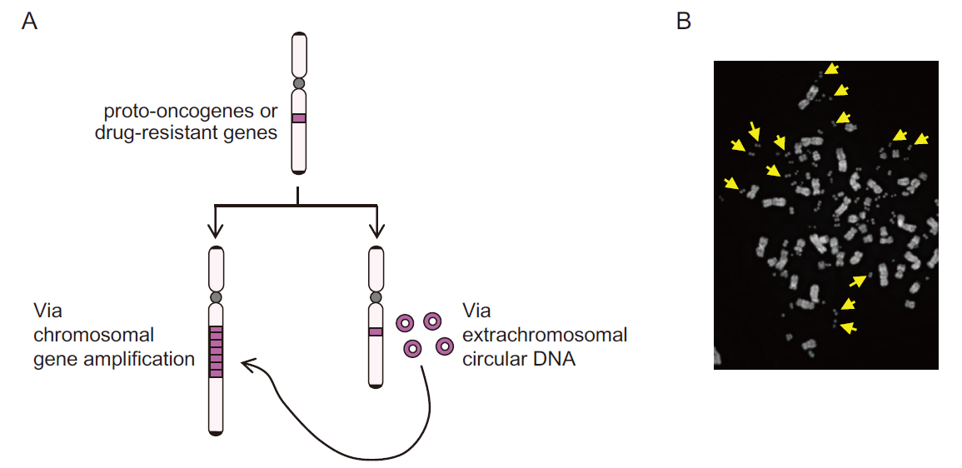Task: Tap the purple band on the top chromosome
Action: click(x=299, y=118)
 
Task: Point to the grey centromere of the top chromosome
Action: click(x=299, y=83)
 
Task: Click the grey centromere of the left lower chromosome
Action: click(x=216, y=296)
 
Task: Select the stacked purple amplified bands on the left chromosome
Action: click(x=216, y=352)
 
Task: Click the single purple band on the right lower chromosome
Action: click(x=376, y=332)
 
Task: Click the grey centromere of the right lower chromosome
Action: click(x=376, y=296)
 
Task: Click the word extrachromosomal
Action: click(x=545, y=336)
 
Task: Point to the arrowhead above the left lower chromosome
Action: click(x=216, y=232)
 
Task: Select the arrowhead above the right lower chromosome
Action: click(x=376, y=232)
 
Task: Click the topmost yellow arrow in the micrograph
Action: click(x=831, y=68)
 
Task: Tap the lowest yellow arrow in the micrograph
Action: click(x=848, y=327)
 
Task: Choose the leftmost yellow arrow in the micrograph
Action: click(x=730, y=182)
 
